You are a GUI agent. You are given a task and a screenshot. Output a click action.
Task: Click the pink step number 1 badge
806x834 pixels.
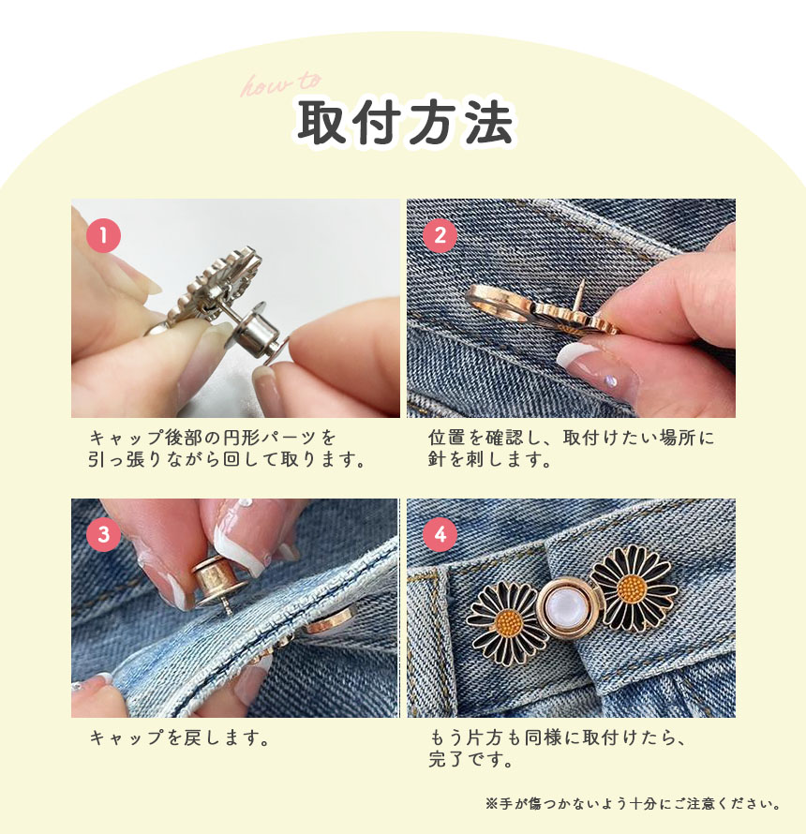103,235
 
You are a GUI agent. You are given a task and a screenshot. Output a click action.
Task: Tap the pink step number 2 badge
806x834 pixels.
440,235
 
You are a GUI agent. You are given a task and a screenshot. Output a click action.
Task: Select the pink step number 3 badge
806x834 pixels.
103,534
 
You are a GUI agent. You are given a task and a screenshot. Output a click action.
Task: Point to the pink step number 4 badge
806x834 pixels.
440,534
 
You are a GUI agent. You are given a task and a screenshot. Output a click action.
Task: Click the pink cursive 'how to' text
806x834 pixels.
281,84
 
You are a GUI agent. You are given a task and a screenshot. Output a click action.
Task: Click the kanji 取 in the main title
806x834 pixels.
321,123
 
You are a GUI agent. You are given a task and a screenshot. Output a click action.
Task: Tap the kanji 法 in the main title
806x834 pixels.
489,123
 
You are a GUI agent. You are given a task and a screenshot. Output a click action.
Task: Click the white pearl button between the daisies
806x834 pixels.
565,605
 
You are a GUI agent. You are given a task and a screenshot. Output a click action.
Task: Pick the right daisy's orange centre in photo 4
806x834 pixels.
632,588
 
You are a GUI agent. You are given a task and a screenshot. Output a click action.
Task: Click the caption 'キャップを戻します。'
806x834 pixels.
179,737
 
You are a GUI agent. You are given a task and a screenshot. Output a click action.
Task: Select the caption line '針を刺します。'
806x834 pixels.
489,459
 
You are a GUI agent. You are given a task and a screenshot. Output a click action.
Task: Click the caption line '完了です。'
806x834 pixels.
470,759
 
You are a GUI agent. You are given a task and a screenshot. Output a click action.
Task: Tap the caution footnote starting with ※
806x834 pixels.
634,803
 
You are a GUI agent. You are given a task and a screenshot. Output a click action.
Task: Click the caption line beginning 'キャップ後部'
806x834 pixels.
213,438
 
